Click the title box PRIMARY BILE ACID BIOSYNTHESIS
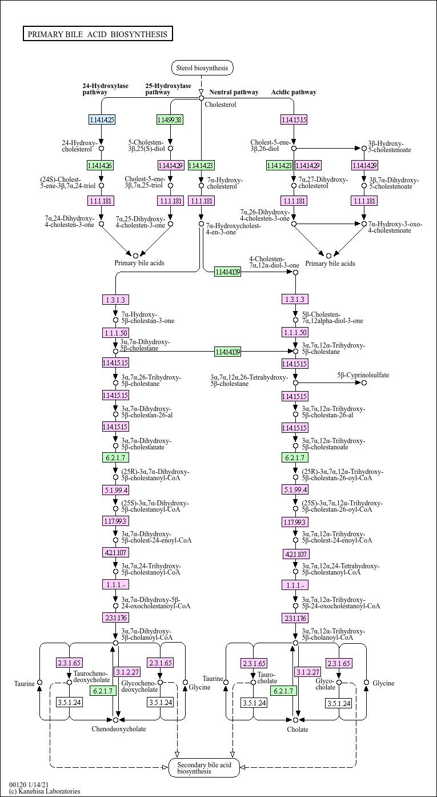(98, 34)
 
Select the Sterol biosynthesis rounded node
(202, 68)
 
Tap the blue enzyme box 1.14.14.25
(102, 119)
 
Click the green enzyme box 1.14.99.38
(170, 119)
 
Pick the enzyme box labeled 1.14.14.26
(101, 165)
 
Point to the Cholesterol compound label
(220, 105)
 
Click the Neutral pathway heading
(234, 92)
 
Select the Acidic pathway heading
(294, 92)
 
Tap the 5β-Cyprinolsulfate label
(363, 375)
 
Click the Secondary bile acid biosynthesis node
(204, 768)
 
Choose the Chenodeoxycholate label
(119, 729)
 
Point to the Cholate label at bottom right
(298, 730)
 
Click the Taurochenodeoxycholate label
(91, 677)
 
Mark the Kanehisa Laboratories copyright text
(45, 791)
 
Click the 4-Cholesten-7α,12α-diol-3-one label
(274, 262)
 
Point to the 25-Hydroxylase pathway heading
(168, 89)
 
